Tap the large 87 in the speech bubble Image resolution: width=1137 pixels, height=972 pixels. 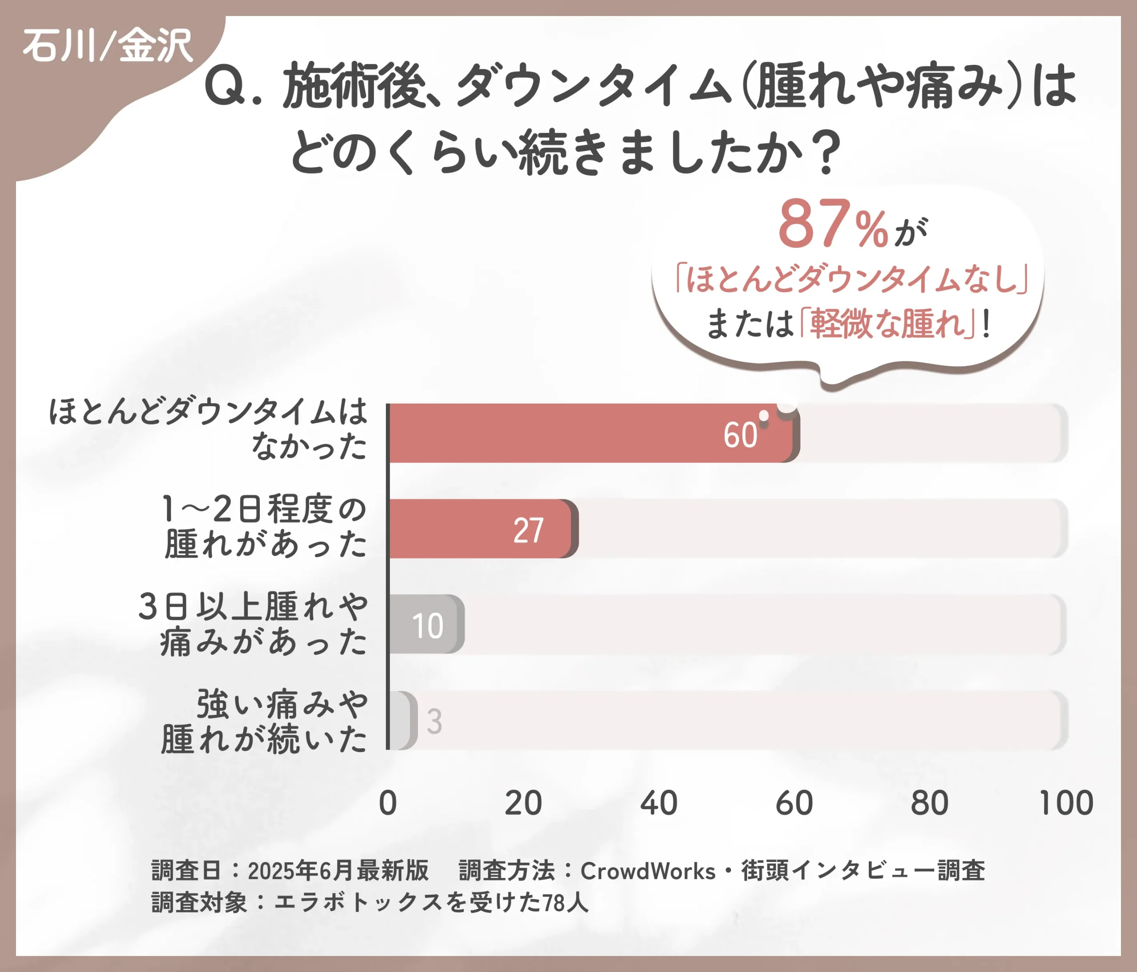coord(813,224)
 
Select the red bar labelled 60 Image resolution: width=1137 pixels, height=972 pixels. coord(590,433)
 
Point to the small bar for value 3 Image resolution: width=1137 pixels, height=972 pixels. coord(402,720)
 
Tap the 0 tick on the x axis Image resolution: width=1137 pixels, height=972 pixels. coord(388,804)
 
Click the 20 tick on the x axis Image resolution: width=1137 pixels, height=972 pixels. coord(523,804)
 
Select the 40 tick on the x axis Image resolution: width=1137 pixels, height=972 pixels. coord(659,804)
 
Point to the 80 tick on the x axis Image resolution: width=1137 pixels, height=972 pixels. coord(930,804)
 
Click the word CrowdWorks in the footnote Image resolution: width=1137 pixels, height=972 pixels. coord(648,871)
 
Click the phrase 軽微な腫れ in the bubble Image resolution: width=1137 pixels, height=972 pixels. coord(887,324)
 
